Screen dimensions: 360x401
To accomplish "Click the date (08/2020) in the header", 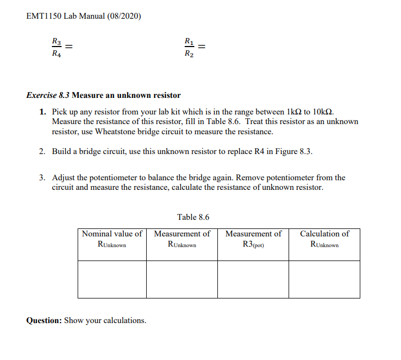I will coord(124,16).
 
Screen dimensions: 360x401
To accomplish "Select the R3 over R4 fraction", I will coord(56,47).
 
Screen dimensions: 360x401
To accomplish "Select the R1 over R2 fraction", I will coord(188,47).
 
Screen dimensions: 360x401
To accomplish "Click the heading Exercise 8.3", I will coord(48,95).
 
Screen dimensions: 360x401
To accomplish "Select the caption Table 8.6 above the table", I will coord(193,217).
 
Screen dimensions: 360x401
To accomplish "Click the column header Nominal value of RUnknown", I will coord(112,239).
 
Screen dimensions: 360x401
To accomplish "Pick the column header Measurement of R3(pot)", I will coord(253,239).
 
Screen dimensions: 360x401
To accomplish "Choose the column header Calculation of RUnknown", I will coord(324,239).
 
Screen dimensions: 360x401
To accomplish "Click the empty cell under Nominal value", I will coord(112,279).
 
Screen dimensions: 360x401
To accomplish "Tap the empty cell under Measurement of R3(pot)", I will coord(253,279).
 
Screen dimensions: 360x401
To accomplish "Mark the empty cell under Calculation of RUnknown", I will coord(324,279).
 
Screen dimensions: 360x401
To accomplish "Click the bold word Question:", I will coord(44,320).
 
